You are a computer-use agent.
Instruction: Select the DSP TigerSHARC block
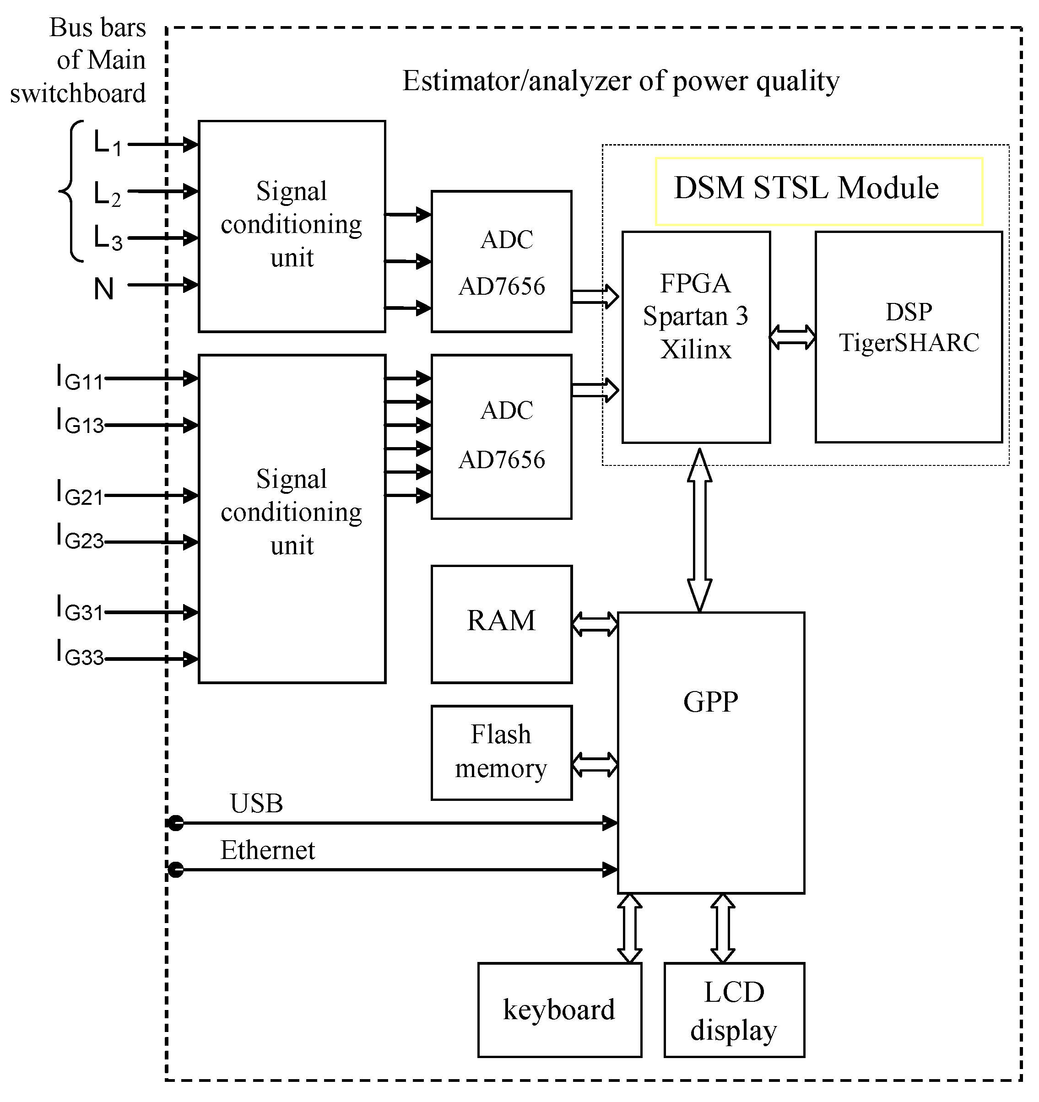click(x=908, y=336)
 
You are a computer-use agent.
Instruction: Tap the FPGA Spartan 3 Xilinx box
click(x=695, y=336)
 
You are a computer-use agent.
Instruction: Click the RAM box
click(x=501, y=624)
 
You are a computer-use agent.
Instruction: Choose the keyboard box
click(x=559, y=1010)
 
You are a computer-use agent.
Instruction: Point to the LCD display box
click(x=734, y=1010)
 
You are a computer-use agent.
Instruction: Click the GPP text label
click(x=710, y=702)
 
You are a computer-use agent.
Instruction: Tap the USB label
click(x=256, y=803)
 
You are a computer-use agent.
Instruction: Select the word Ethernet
click(x=267, y=850)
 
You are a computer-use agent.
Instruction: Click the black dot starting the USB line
click(x=176, y=823)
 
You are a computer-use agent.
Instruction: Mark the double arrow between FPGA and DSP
click(x=792, y=336)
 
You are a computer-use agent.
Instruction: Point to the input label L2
click(x=107, y=194)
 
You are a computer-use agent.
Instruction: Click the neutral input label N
click(x=104, y=289)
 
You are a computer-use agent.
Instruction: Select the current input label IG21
click(x=80, y=494)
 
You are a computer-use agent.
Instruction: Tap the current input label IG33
click(x=80, y=654)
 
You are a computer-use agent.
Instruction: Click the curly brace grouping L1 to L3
click(x=70, y=191)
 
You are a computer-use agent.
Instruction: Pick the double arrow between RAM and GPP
click(x=595, y=624)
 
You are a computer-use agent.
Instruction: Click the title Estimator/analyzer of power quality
click(x=620, y=81)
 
